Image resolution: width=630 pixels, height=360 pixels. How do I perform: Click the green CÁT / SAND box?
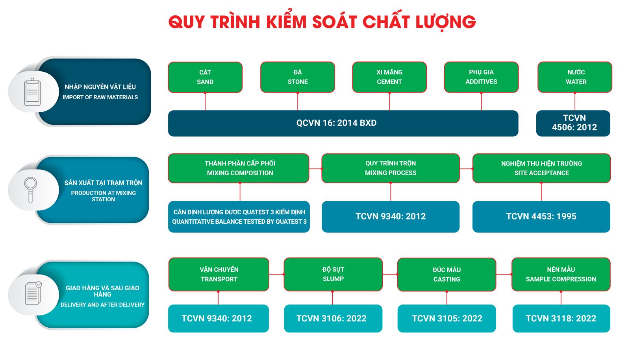click(x=205, y=77)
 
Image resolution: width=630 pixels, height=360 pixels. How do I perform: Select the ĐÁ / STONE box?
click(x=298, y=77)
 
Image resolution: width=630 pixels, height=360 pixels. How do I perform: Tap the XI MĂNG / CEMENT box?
click(x=389, y=77)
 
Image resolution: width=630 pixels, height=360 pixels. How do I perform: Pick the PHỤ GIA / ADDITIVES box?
click(x=481, y=77)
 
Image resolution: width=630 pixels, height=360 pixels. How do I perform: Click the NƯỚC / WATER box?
click(x=575, y=77)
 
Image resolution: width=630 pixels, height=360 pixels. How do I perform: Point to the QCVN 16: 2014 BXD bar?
click(x=343, y=123)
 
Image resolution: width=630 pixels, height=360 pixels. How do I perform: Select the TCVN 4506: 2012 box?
click(x=573, y=123)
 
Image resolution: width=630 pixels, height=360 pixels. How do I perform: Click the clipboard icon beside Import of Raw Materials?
click(x=32, y=92)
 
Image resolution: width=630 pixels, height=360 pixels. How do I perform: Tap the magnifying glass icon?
click(x=30, y=190)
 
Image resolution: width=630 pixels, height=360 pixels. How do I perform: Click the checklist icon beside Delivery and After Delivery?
click(x=33, y=293)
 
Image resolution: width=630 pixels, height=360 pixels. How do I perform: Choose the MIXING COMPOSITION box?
click(x=239, y=168)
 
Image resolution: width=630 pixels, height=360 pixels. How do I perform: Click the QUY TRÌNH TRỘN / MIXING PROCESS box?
click(x=391, y=168)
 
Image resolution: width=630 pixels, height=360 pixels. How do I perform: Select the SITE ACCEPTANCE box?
click(x=542, y=168)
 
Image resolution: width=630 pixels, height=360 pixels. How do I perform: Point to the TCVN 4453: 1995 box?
click(x=541, y=217)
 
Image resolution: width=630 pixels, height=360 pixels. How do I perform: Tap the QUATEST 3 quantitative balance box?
click(x=239, y=217)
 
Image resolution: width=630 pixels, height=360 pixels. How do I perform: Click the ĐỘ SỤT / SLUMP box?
click(x=333, y=274)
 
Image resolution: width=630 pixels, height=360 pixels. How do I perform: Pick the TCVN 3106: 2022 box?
click(x=333, y=318)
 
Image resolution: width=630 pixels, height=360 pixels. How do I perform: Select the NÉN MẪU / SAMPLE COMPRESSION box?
click(x=561, y=274)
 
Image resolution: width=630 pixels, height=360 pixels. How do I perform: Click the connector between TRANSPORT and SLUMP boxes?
click(x=276, y=274)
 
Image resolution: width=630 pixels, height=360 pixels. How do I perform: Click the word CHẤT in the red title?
click(x=386, y=21)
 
